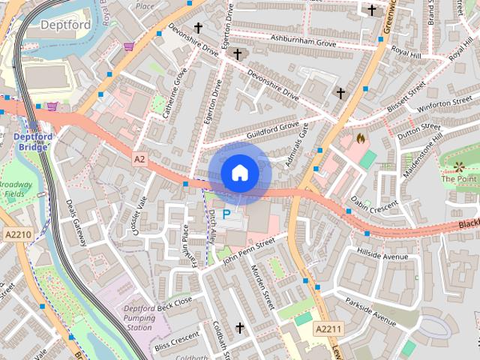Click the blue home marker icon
point(239,172)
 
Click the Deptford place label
point(65,25)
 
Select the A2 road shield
point(139,159)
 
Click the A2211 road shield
point(328,329)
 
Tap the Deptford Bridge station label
point(31,142)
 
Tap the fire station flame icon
point(360,138)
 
